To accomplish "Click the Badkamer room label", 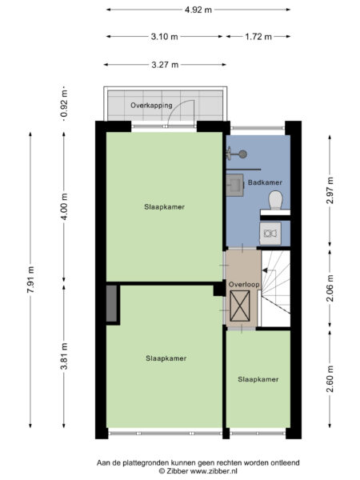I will point(265,183).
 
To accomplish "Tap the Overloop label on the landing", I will point(242,284).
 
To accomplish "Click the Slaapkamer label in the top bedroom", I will point(164,206).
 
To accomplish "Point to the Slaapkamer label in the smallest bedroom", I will point(258,378).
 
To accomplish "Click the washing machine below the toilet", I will point(270,233).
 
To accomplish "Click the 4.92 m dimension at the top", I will point(198,10).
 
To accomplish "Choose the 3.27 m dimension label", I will point(165,65).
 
